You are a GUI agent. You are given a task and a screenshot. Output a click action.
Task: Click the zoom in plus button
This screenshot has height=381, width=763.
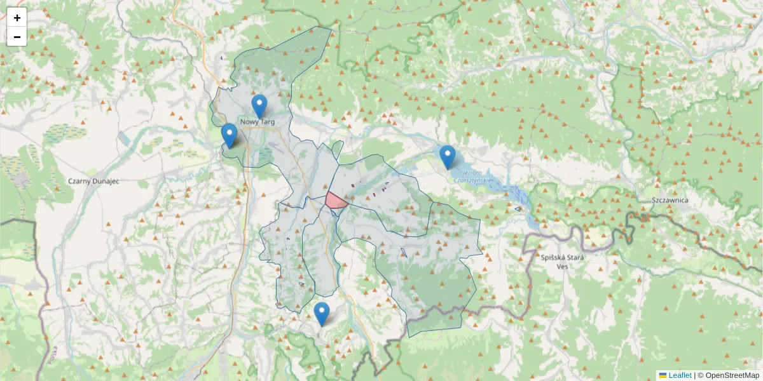point(17,18)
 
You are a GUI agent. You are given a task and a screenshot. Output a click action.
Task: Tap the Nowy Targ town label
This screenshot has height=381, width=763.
point(257,121)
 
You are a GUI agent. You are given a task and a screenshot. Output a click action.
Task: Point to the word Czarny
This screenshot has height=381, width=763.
point(80,181)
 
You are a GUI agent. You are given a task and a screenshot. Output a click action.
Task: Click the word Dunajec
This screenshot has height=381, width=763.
point(106,181)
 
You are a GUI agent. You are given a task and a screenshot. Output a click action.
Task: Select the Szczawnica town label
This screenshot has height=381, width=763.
point(670,200)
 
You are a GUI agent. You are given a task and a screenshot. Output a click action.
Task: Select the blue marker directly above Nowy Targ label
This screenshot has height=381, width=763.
point(259,105)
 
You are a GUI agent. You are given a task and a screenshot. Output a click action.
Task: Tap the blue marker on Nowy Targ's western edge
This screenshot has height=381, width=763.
point(230,135)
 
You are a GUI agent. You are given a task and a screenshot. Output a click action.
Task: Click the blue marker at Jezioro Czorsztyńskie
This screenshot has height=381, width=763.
point(448,156)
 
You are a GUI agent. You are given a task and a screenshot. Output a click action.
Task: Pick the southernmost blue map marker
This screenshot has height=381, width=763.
point(322,313)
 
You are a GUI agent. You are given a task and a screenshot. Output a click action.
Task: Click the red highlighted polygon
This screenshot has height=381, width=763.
point(335,201)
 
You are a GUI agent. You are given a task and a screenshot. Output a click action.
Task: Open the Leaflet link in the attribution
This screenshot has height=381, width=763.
point(680,375)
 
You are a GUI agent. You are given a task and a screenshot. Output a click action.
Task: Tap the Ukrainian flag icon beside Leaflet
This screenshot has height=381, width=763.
point(663,375)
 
